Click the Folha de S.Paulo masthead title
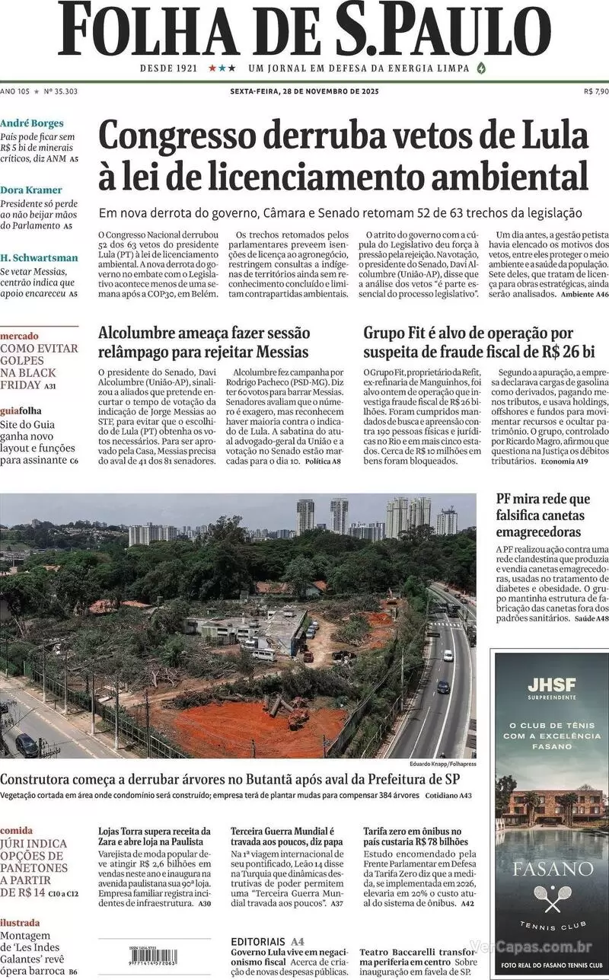pyautogui.click(x=304, y=30)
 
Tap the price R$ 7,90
pyautogui.click(x=595, y=91)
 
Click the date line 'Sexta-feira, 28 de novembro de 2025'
pyautogui.click(x=304, y=91)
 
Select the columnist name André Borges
pyautogui.click(x=32, y=123)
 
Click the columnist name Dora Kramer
pyautogui.click(x=31, y=190)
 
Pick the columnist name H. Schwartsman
pyautogui.click(x=39, y=257)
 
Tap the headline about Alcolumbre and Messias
pyautogui.click(x=204, y=342)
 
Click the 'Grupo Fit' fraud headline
pyautogui.click(x=467, y=342)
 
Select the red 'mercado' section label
pyautogui.click(x=20, y=336)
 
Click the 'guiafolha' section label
pyautogui.click(x=21, y=410)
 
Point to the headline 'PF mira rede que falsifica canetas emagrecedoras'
pyautogui.click(x=543, y=516)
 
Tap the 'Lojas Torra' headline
pyautogui.click(x=155, y=837)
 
